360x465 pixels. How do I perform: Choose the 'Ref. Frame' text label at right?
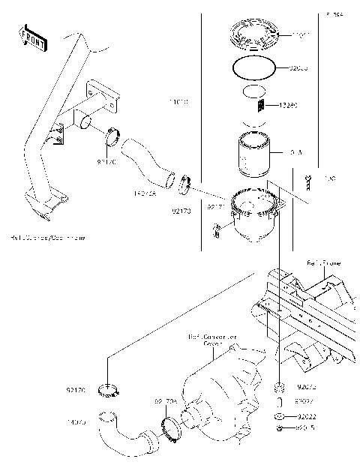(323, 262)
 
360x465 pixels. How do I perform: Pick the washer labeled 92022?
(277, 415)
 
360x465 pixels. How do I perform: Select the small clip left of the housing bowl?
(216, 229)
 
